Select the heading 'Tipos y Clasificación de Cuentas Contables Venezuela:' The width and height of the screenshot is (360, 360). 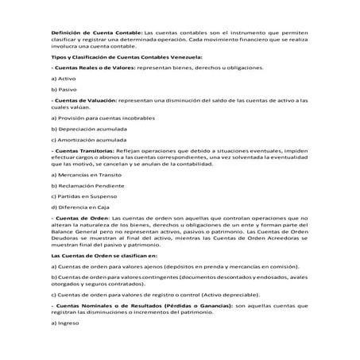(x=126, y=56)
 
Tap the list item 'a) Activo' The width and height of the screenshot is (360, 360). (x=63, y=79)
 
